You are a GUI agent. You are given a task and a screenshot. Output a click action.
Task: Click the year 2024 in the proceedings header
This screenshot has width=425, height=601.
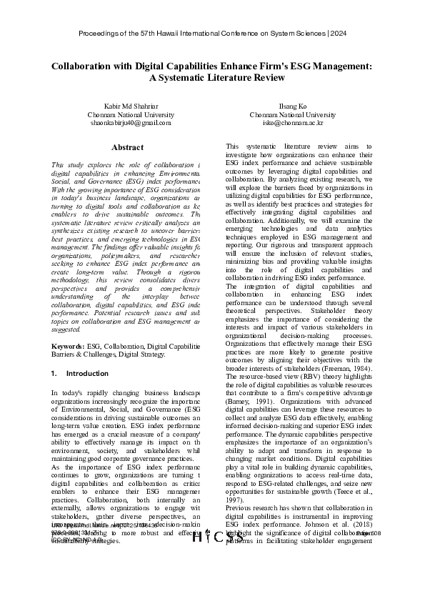click(339, 34)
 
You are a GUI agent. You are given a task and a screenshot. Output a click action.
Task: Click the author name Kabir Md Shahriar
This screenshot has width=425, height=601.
click(130, 106)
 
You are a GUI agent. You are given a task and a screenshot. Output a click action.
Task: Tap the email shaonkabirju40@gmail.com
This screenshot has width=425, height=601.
click(130, 123)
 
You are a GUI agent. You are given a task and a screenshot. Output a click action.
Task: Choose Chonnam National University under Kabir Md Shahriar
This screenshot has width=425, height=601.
click(130, 114)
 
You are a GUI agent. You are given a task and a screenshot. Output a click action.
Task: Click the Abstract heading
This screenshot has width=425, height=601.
click(127, 147)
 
